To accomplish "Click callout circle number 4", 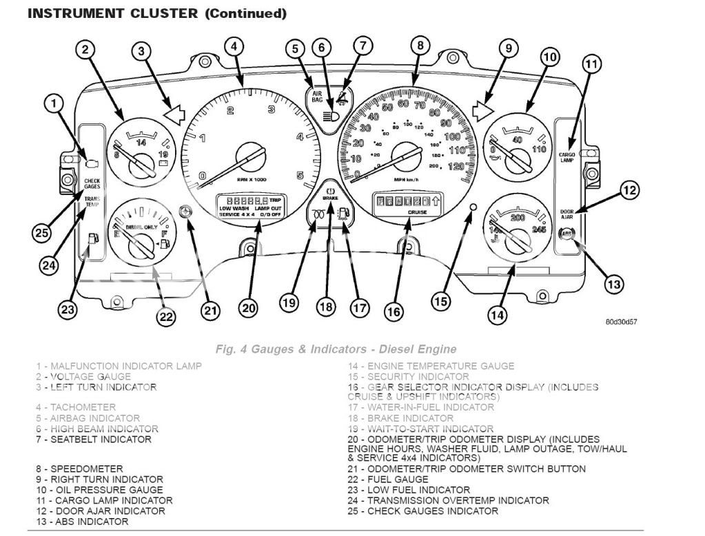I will coord(235,47).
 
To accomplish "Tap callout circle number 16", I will coord(393,311).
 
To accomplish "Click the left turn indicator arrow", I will coord(173,112).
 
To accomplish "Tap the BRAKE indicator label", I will coord(329,197).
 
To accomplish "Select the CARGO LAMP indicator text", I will coord(566,157).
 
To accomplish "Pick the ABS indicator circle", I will coord(566,234).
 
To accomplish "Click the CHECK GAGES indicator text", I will coord(92,183).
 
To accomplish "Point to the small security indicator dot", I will coord(472,207).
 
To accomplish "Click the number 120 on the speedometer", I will coord(454,166).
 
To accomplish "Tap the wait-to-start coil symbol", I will coord(319,213).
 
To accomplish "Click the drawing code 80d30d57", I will coord(621,321).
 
